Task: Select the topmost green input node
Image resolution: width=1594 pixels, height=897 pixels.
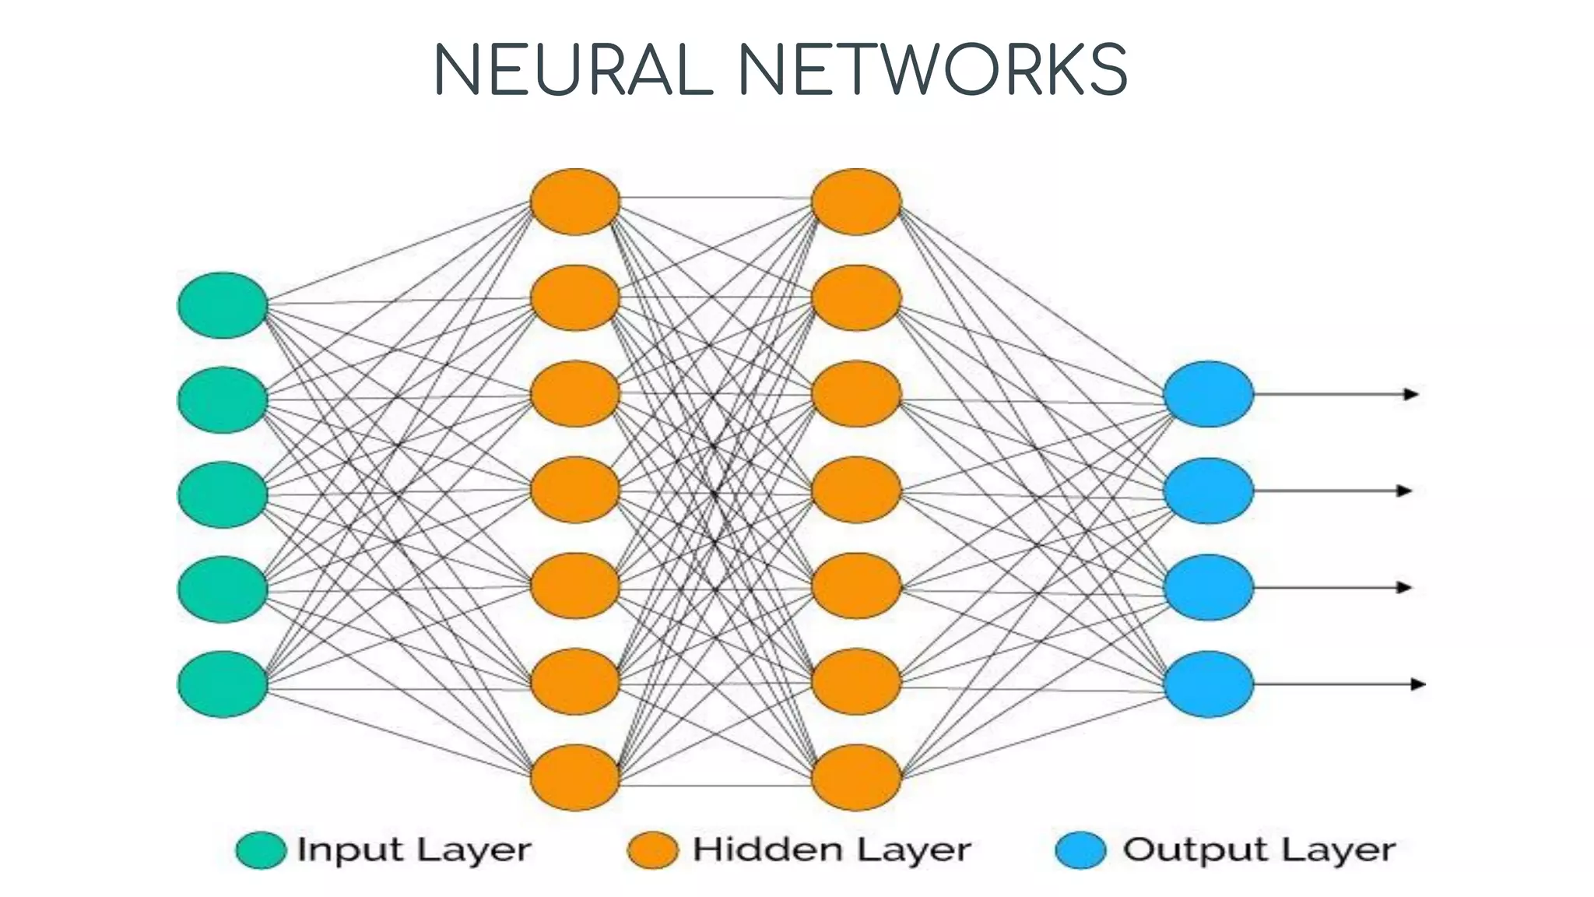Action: [223, 305]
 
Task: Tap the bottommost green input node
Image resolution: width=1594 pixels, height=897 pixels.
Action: [223, 684]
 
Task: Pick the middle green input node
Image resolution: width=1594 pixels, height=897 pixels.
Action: [223, 494]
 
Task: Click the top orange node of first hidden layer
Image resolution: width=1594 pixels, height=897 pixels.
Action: [575, 202]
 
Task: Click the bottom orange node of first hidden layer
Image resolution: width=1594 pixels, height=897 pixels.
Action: [575, 777]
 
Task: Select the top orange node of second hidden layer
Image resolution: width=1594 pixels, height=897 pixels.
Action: [856, 202]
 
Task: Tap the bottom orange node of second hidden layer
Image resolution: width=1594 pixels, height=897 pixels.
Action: [856, 777]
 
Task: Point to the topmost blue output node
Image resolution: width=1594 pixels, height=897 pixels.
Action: [1209, 394]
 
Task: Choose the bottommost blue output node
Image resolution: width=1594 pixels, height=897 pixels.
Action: [1209, 684]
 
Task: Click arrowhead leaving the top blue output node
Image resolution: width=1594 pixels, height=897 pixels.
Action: [1411, 394]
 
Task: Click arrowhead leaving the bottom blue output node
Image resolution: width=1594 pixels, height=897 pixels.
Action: [1417, 684]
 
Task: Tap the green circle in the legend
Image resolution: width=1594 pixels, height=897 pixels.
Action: [261, 850]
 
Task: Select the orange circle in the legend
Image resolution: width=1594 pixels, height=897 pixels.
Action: [652, 850]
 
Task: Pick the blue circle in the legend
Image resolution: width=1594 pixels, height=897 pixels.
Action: [1080, 850]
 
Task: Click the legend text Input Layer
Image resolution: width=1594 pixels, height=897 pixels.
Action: [414, 850]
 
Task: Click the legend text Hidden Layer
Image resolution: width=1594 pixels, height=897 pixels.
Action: [831, 850]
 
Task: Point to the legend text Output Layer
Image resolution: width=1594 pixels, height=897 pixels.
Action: [1259, 850]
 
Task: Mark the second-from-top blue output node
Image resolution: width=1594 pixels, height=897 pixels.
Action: [1209, 491]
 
